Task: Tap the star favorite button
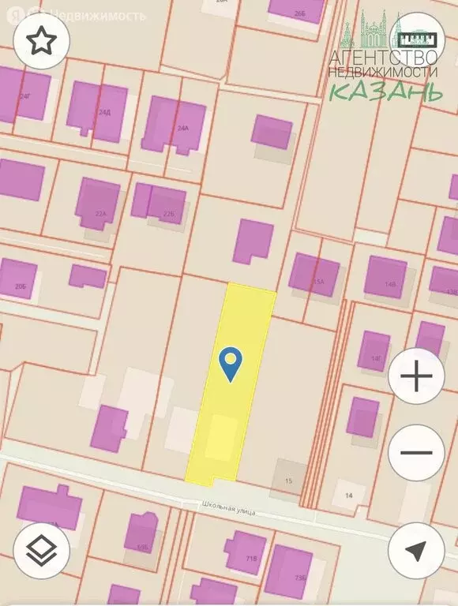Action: tap(41, 42)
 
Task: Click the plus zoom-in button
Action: tap(416, 377)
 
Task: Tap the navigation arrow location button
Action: tap(416, 551)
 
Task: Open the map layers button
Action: tap(41, 551)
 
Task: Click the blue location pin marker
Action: tap(229, 364)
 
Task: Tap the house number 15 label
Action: tap(288, 481)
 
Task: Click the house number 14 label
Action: tap(347, 496)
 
